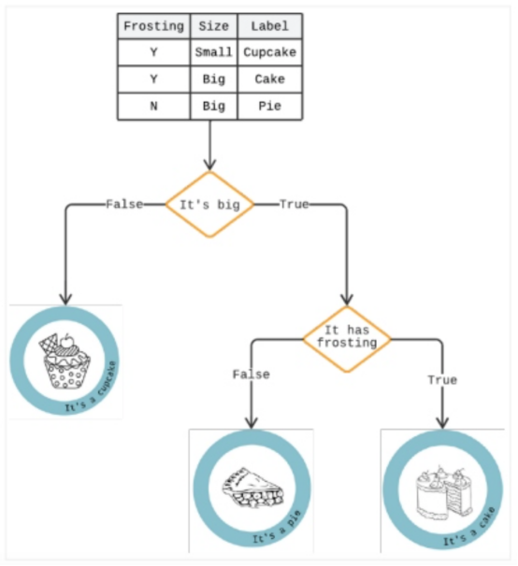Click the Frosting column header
click(x=153, y=26)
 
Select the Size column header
click(x=213, y=26)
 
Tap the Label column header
click(x=269, y=26)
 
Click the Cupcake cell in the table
click(x=269, y=52)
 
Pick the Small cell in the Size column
click(x=213, y=52)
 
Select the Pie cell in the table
click(x=269, y=106)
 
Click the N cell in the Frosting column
click(x=153, y=106)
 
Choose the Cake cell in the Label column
click(x=269, y=79)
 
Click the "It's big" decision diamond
click(x=210, y=204)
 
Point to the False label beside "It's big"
click(x=124, y=204)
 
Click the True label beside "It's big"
click(x=295, y=204)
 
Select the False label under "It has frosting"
click(x=251, y=375)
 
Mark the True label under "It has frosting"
click(x=442, y=380)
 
